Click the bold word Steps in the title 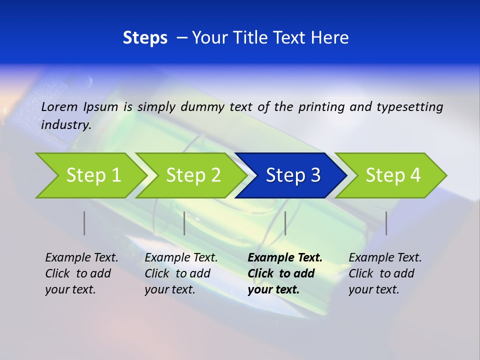[x=145, y=38]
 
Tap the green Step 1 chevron [x=90, y=175]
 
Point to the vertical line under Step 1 [x=84, y=223]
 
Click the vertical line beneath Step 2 [x=184, y=223]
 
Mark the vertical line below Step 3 [x=285, y=223]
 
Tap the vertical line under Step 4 [x=386, y=223]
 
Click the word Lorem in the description [x=59, y=107]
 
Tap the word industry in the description [x=66, y=125]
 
